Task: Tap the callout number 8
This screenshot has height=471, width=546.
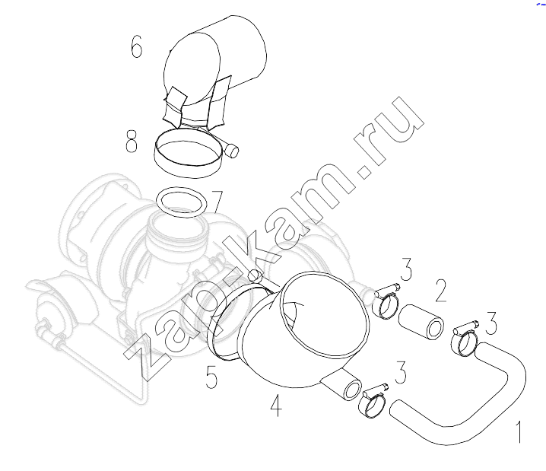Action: pyautogui.click(x=132, y=142)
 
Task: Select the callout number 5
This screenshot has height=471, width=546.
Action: pyautogui.click(x=211, y=377)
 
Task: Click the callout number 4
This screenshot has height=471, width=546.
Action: pyautogui.click(x=276, y=405)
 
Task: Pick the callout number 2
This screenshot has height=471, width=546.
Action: pyautogui.click(x=441, y=291)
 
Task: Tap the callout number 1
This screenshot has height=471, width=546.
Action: pyautogui.click(x=519, y=432)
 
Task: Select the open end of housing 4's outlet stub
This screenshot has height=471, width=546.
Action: pyautogui.click(x=352, y=390)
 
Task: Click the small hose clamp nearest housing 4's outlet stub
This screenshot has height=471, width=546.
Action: pyautogui.click(x=373, y=403)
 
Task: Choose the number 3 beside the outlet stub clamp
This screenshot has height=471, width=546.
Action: pyautogui.click(x=401, y=372)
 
